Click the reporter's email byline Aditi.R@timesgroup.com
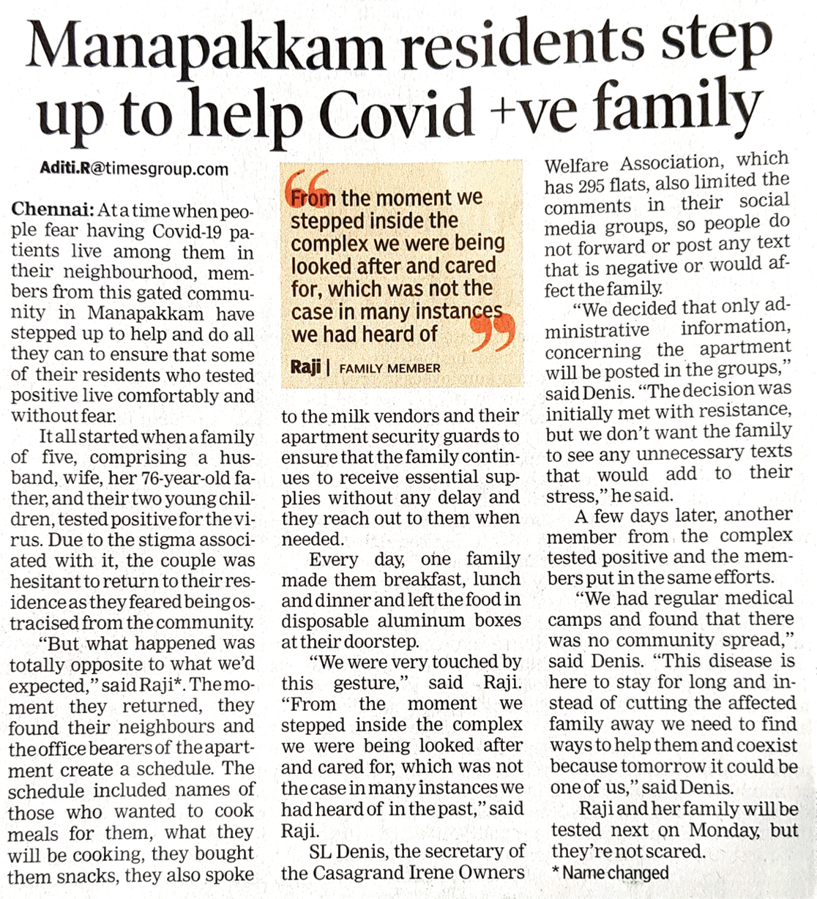[135, 169]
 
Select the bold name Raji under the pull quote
[305, 366]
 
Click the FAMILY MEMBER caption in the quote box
[389, 368]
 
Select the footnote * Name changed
[610, 873]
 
